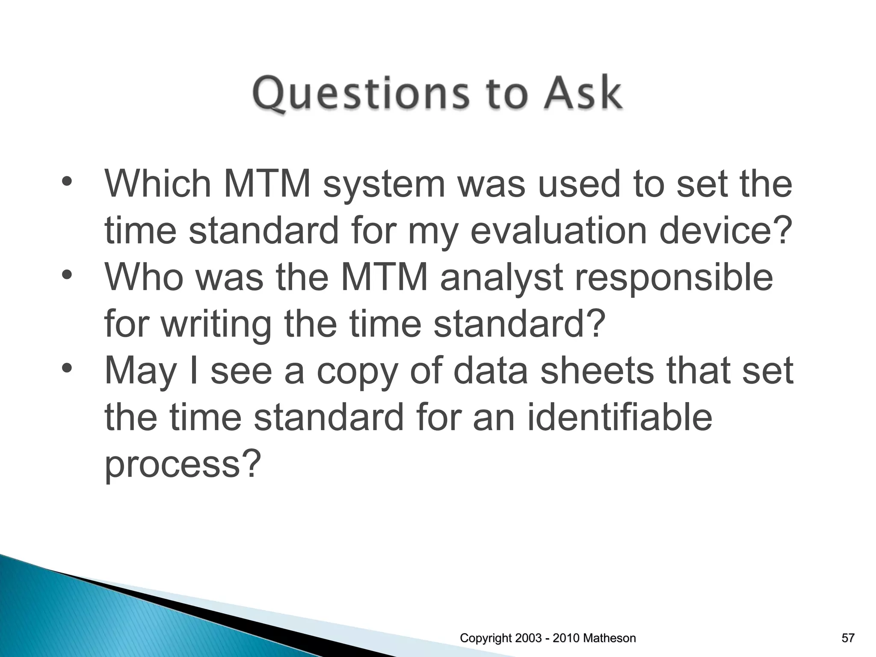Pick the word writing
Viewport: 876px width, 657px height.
(x=222, y=324)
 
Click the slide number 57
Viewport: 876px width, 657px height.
(x=848, y=638)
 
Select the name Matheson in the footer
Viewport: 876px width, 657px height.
(x=609, y=638)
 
